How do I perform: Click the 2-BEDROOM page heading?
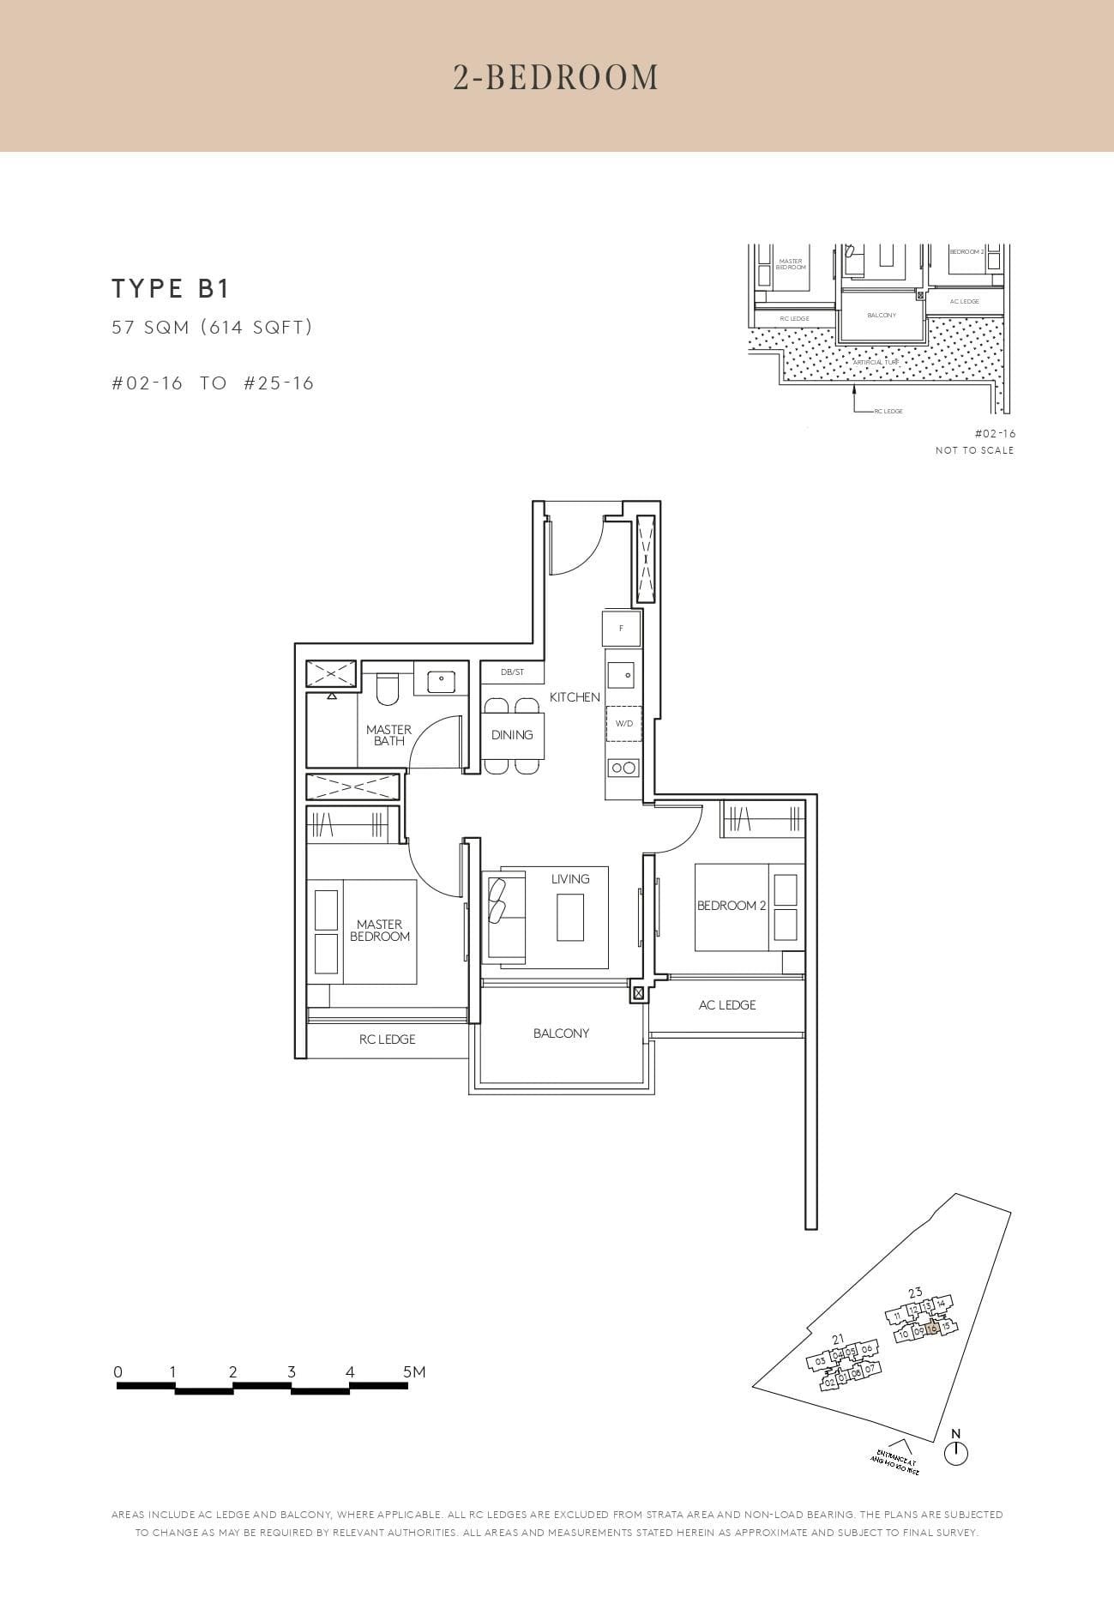(556, 77)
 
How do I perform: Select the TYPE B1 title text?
(171, 289)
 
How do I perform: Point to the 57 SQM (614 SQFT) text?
(212, 327)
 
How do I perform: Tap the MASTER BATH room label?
(388, 735)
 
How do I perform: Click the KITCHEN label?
(575, 697)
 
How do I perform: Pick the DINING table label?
(512, 735)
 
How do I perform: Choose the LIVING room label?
(570, 879)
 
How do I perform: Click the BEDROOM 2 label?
(732, 906)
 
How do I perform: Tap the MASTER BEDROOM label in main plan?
(380, 931)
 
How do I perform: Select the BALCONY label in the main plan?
(562, 1033)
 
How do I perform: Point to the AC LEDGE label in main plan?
(727, 1005)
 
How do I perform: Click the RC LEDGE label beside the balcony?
(387, 1039)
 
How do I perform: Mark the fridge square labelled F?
(622, 629)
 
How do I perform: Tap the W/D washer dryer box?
(624, 724)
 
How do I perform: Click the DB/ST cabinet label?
(512, 672)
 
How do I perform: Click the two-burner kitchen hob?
(623, 768)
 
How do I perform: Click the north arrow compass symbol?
(955, 1453)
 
